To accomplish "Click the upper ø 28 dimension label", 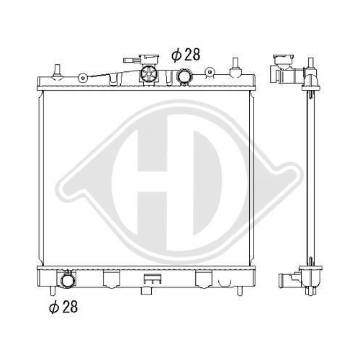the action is coord(186,55).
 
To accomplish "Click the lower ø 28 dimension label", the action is coord(63,307).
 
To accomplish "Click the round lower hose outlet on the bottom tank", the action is coord(68,280).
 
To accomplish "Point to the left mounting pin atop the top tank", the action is coord(57,71).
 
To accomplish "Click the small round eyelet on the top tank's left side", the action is coord(83,78).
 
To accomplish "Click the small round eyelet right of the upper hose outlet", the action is coord(210,71).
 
